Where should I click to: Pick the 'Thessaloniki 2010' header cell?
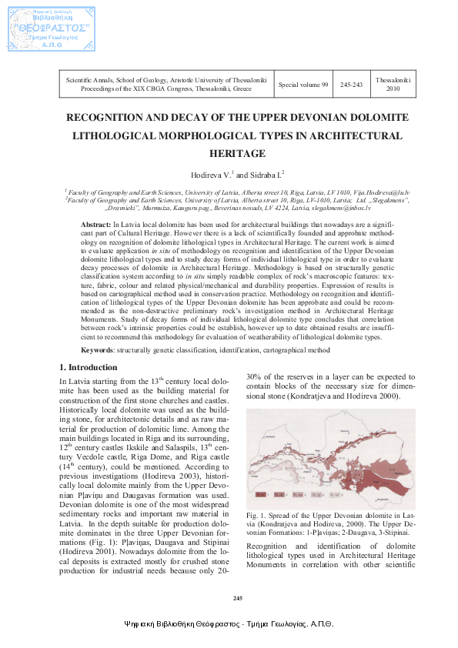393,84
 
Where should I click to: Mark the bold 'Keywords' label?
98,349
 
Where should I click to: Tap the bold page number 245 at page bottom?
237,599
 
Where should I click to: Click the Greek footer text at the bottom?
229,625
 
